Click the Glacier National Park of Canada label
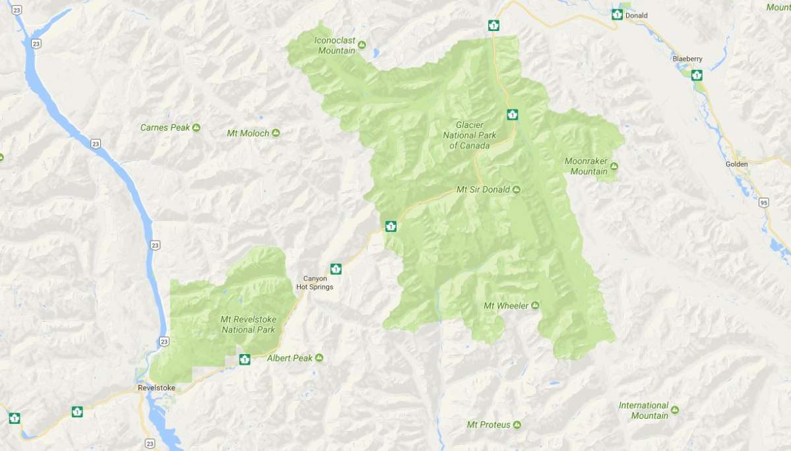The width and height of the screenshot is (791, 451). coord(472,135)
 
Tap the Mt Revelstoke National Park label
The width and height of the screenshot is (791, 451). coord(248,324)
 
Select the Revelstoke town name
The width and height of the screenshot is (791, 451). coord(156,388)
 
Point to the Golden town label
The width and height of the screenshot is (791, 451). coord(736,164)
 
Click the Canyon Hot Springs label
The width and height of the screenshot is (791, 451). coord(315,283)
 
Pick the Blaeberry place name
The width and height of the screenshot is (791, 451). coord(687,59)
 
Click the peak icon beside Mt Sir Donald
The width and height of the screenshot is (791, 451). coord(517,190)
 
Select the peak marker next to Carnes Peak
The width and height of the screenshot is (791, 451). coord(197,127)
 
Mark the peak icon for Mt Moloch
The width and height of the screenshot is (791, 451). coord(276,133)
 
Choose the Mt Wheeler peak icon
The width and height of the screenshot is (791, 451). coord(535,305)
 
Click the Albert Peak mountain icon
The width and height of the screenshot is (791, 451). coord(319,358)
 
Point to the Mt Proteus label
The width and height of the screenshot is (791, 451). coord(488,425)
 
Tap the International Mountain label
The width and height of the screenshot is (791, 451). coord(643,410)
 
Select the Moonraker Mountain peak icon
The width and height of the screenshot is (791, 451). coord(614,166)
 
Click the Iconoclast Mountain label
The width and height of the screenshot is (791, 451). coord(336,45)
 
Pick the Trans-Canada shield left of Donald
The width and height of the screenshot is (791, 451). coord(617,15)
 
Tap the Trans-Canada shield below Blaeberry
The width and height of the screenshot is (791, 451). coord(697,75)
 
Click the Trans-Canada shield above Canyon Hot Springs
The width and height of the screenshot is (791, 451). coord(336,268)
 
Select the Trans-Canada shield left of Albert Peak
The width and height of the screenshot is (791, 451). coord(245,359)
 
